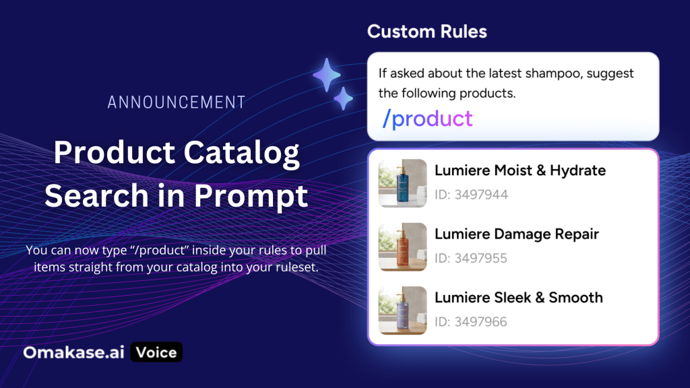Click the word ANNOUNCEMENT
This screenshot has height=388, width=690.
pyautogui.click(x=177, y=102)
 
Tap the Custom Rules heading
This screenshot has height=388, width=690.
pyautogui.click(x=427, y=32)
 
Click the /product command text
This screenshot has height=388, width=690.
pyautogui.click(x=427, y=119)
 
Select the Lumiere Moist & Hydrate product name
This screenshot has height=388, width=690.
pyautogui.click(x=520, y=170)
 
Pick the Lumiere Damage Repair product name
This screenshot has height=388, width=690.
pyautogui.click(x=517, y=234)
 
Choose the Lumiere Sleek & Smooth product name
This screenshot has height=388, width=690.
pyautogui.click(x=519, y=297)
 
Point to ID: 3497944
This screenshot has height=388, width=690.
pyautogui.click(x=471, y=195)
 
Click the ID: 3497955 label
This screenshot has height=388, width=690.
pyautogui.click(x=471, y=258)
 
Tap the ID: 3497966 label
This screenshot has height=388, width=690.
pyautogui.click(x=471, y=321)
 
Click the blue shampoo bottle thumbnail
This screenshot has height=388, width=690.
pyautogui.click(x=403, y=183)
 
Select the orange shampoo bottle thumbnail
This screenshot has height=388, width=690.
pyautogui.click(x=403, y=247)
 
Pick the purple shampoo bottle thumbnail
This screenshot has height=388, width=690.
pyautogui.click(x=403, y=311)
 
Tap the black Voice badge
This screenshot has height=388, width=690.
pyautogui.click(x=156, y=352)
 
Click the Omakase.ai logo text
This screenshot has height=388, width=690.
pyautogui.click(x=74, y=352)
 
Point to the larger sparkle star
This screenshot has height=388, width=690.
pyautogui.click(x=327, y=75)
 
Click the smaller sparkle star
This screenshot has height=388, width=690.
pyautogui.click(x=343, y=98)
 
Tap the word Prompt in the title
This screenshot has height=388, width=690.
pyautogui.click(x=251, y=196)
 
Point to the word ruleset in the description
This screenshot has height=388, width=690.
pyautogui.click(x=296, y=267)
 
